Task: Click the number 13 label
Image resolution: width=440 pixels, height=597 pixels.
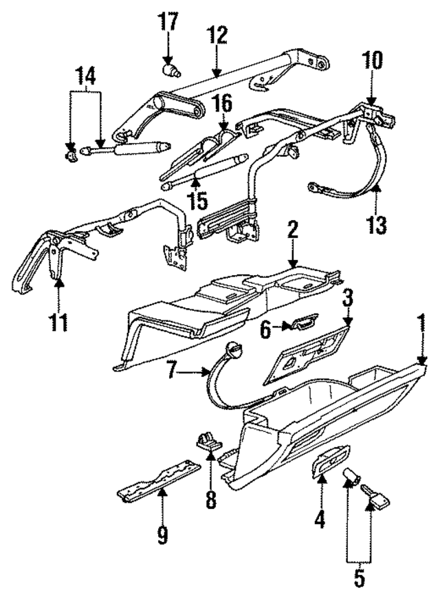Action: [x=377, y=226]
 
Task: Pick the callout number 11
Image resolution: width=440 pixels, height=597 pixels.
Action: [x=59, y=323]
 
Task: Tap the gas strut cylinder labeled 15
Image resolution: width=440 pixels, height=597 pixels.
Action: [x=204, y=171]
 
